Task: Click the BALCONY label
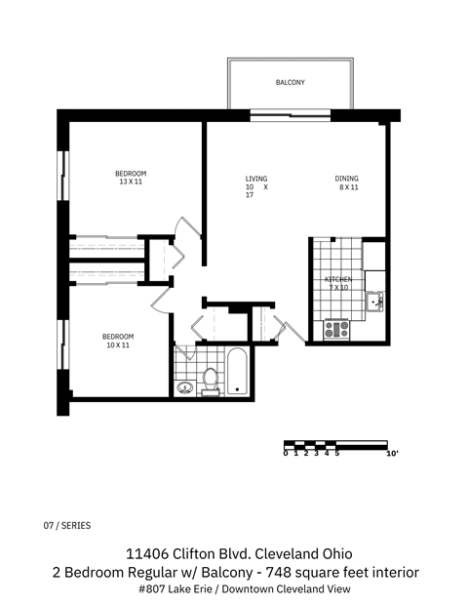290,83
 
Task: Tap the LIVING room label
255,179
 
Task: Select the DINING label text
346,179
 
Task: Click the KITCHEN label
337,280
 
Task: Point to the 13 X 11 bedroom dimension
131,182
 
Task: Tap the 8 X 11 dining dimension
349,187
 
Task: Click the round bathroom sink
185,387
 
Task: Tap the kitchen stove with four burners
336,329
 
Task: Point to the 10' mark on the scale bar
393,453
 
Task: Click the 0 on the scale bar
286,453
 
